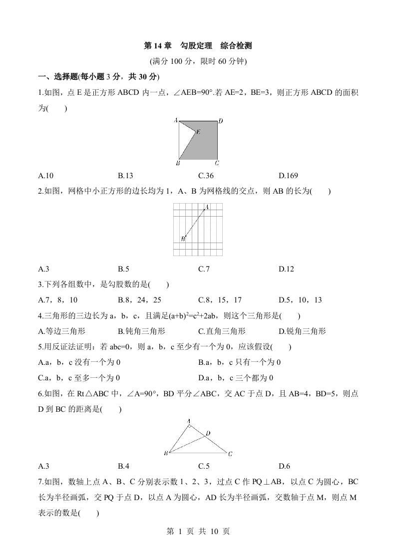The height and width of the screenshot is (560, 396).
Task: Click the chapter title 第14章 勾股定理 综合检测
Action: coord(198,46)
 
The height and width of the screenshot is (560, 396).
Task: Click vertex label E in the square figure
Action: coord(198,132)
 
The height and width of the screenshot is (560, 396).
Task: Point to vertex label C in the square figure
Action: coord(217,163)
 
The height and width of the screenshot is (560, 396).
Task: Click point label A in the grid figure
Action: coord(207,207)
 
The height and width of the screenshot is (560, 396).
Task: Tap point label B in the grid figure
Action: coord(183,239)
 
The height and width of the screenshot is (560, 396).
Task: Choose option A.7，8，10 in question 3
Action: coord(57,300)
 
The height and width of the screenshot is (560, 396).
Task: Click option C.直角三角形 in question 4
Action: coord(222,331)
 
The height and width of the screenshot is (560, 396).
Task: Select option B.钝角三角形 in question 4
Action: coord(141,331)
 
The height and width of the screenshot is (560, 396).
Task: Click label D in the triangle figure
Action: coord(208,433)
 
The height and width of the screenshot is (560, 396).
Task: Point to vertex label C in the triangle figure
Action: coord(230,454)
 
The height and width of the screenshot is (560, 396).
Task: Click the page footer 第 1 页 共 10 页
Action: coord(198,532)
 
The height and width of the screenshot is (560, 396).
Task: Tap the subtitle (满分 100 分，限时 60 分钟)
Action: coord(198,61)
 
